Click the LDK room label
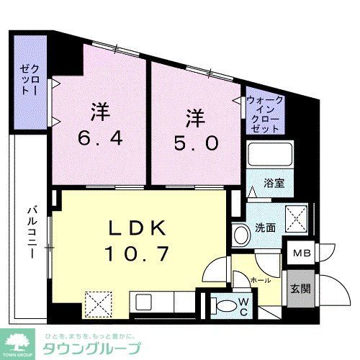click(x=141, y=229)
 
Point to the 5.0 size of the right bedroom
click(x=192, y=142)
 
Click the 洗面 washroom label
click(x=265, y=228)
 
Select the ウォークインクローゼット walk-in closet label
click(x=264, y=114)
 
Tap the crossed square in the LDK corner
click(x=95, y=302)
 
